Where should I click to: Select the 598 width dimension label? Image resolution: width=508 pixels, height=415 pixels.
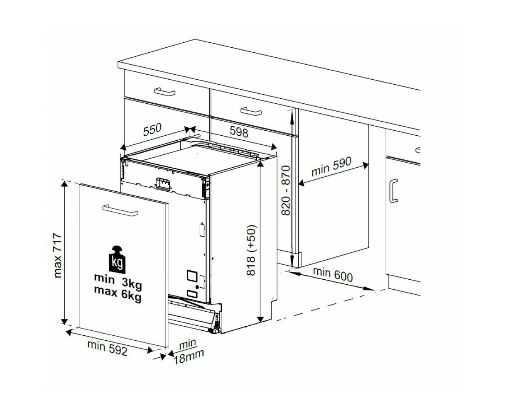point(239,132)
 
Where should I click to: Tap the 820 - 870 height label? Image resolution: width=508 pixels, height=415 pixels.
point(286,190)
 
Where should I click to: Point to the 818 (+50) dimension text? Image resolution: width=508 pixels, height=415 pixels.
point(251,250)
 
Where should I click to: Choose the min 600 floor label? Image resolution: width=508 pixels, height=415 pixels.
point(333,274)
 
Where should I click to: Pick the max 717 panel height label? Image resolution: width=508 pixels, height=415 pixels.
point(58,255)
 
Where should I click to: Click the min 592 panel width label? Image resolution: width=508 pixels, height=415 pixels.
point(108,348)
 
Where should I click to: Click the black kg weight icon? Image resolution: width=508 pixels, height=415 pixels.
point(117,260)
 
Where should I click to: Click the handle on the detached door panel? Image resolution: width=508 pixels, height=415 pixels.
point(120,210)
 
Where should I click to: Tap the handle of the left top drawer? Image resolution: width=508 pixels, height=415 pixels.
point(164,92)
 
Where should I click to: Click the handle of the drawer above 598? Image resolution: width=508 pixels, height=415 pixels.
point(251,112)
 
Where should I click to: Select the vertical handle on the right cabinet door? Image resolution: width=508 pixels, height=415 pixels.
point(393,190)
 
